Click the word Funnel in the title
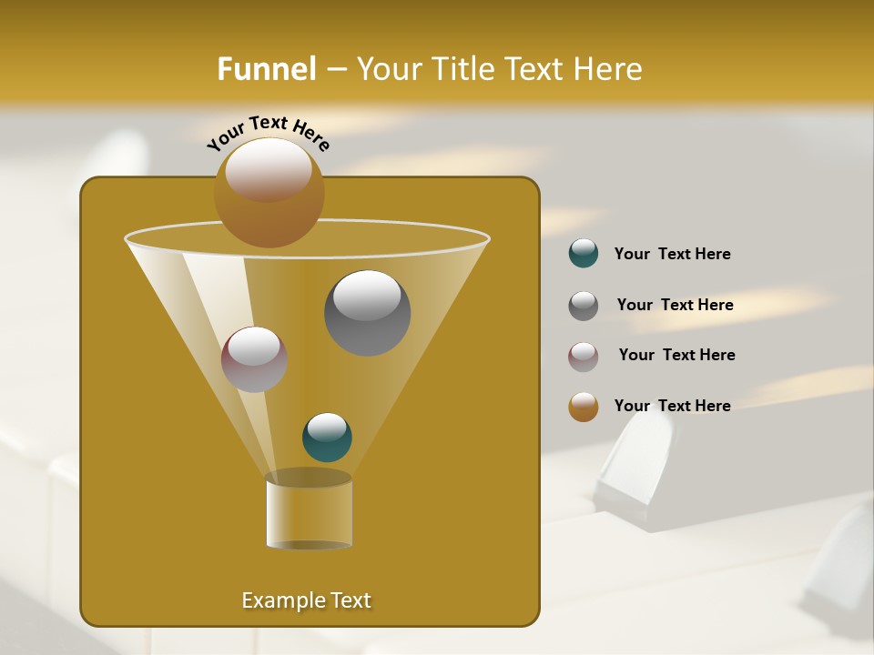click(266, 69)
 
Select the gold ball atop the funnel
click(269, 193)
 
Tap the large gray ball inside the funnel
click(367, 313)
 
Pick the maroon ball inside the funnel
click(254, 359)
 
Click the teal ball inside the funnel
click(327, 438)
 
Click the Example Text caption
click(306, 600)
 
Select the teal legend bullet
click(584, 254)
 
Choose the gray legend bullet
click(584, 306)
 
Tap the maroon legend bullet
click(584, 357)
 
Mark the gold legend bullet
click(584, 407)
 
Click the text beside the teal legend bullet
click(672, 255)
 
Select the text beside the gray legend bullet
click(675, 306)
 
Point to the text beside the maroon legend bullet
click(676, 356)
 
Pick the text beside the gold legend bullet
click(672, 406)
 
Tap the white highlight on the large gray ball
click(367, 296)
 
